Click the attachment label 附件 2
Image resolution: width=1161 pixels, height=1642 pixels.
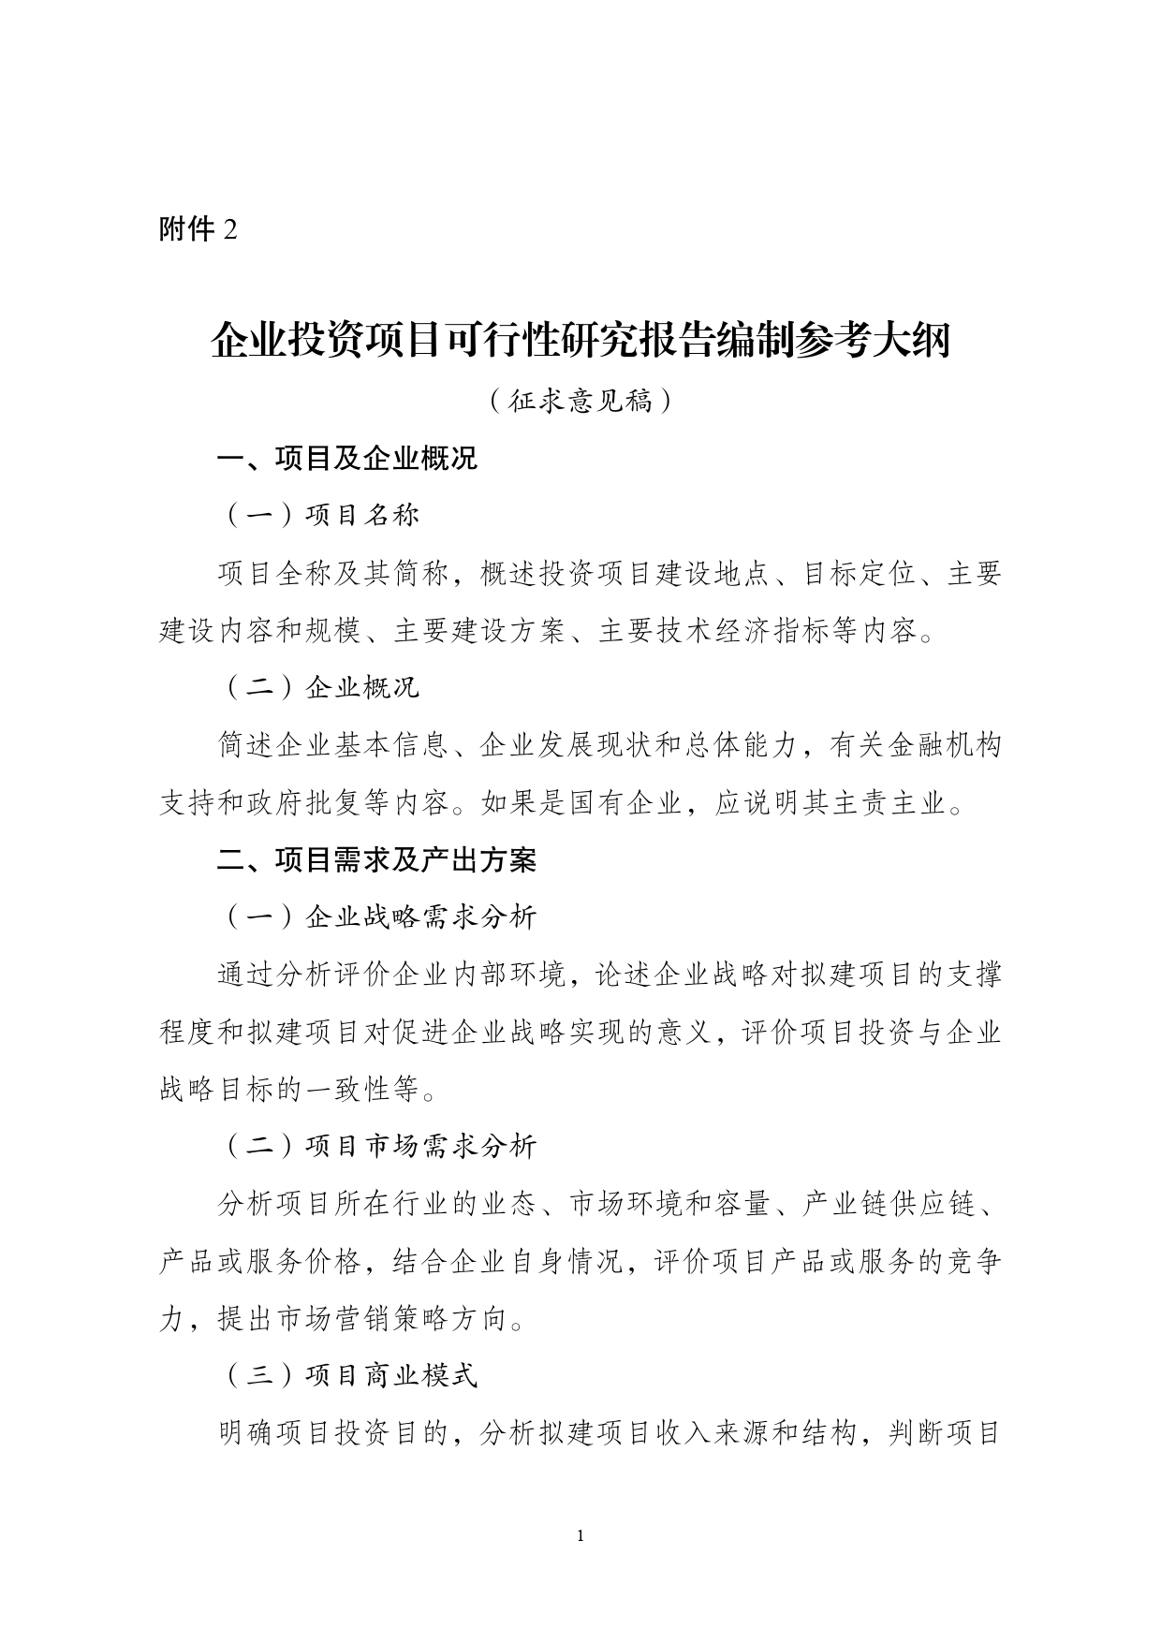pyautogui.click(x=198, y=229)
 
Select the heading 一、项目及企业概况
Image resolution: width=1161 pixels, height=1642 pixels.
pyautogui.click(x=347, y=459)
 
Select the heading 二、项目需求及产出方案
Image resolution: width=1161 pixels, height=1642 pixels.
pyautogui.click(x=376, y=860)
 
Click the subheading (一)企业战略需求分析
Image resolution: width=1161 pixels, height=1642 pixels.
pyautogui.click(x=379, y=917)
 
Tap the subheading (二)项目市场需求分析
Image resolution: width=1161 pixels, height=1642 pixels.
pyautogui.click(x=379, y=1147)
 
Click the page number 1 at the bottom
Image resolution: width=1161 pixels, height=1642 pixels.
pyautogui.click(x=581, y=1536)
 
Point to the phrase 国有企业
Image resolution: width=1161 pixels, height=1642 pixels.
pyautogui.click(x=626, y=803)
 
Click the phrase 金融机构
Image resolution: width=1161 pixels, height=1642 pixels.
pyautogui.click(x=944, y=746)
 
